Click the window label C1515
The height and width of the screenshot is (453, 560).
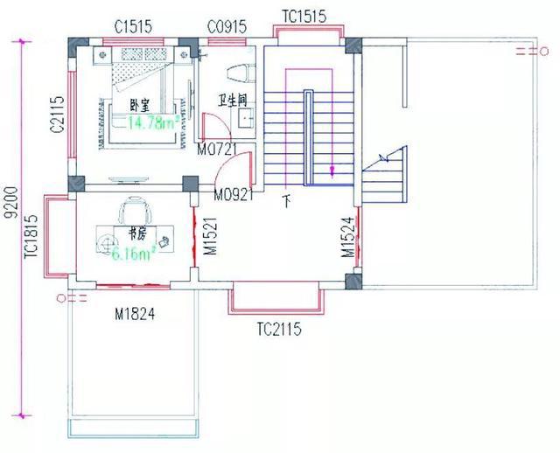(x=134, y=27)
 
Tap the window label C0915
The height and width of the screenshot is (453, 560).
(x=226, y=27)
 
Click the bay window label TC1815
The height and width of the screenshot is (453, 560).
(x=31, y=237)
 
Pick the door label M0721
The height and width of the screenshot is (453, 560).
(x=216, y=150)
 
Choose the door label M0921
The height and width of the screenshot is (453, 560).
(x=234, y=194)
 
